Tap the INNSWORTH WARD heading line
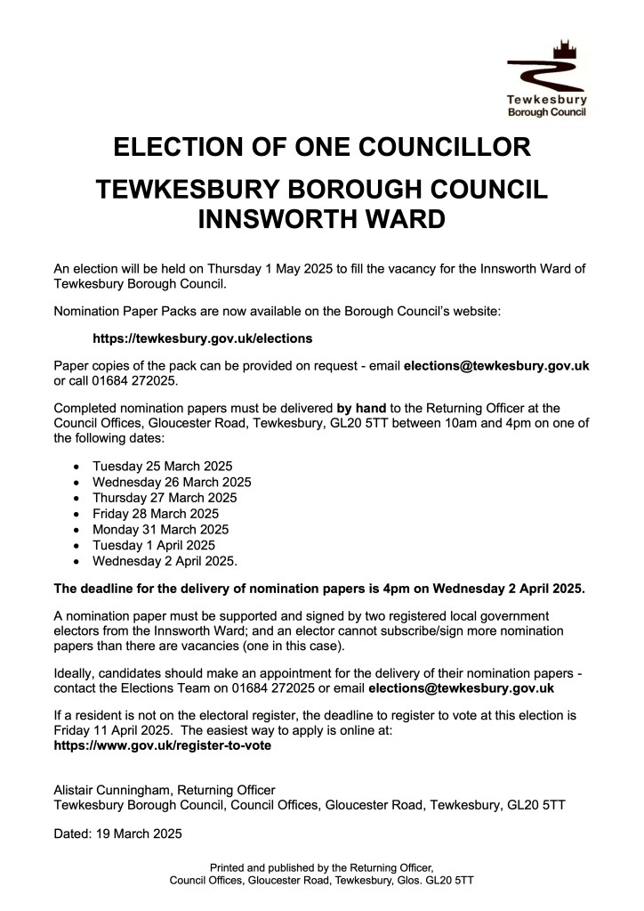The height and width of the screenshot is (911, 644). [322, 218]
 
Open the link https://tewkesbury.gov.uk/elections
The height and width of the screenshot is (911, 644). [203, 339]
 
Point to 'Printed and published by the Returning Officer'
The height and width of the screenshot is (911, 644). [321, 866]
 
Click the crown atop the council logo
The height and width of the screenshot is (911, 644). [560, 46]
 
